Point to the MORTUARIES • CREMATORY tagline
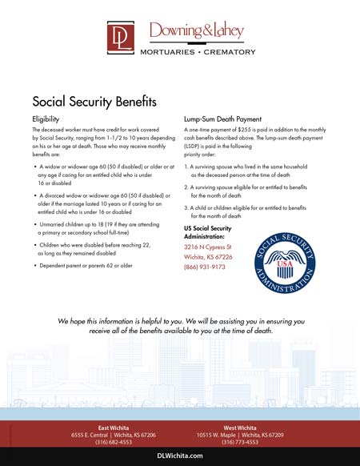198,52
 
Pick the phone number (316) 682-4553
114,442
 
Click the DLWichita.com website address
180,454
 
